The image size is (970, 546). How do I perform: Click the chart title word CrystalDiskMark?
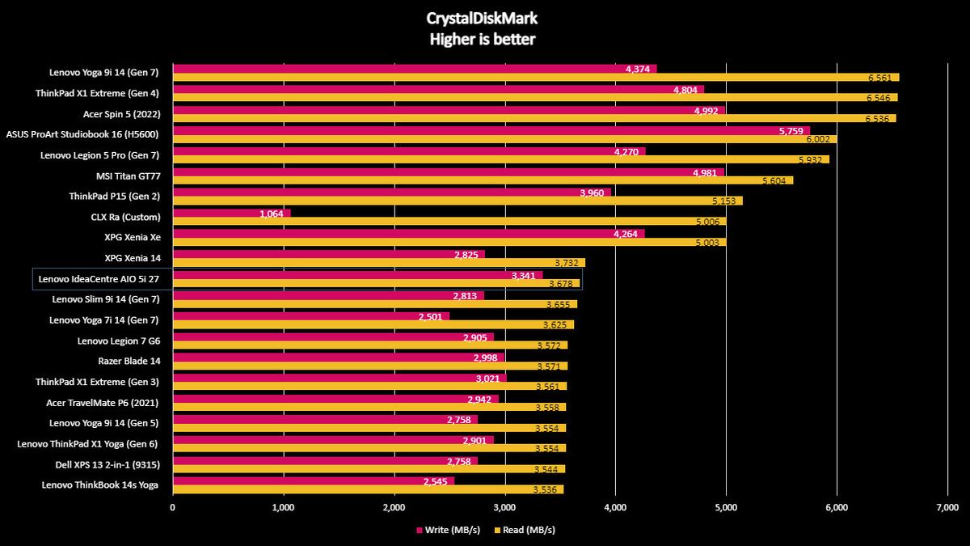(x=482, y=19)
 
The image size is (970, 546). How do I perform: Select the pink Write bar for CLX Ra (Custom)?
(x=232, y=214)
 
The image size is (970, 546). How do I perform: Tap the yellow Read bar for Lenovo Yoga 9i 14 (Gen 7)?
(x=536, y=77)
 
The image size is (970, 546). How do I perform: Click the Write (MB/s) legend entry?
(x=448, y=530)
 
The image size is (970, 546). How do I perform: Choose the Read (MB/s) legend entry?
(x=525, y=530)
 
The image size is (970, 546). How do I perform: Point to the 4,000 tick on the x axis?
(x=615, y=507)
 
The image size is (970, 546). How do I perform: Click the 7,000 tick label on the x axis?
(x=947, y=507)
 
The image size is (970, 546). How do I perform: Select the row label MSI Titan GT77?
(x=129, y=176)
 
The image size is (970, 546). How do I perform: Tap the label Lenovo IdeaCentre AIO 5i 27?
(x=99, y=279)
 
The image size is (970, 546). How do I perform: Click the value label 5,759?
(x=791, y=131)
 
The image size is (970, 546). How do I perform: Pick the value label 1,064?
(x=272, y=214)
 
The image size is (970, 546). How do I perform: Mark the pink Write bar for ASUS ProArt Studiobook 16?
(x=491, y=130)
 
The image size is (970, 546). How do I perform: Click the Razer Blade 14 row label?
(x=129, y=361)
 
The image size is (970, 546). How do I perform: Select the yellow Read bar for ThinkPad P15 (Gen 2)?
(x=458, y=201)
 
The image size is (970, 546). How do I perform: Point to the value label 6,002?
(x=818, y=139)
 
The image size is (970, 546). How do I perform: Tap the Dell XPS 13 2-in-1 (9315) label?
(x=108, y=464)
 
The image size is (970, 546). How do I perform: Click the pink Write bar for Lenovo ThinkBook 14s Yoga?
(x=314, y=481)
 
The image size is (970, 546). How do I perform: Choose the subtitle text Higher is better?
(x=483, y=40)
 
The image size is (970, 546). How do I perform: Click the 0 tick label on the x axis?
(x=173, y=507)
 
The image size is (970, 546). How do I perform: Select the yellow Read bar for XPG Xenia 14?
(x=379, y=263)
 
